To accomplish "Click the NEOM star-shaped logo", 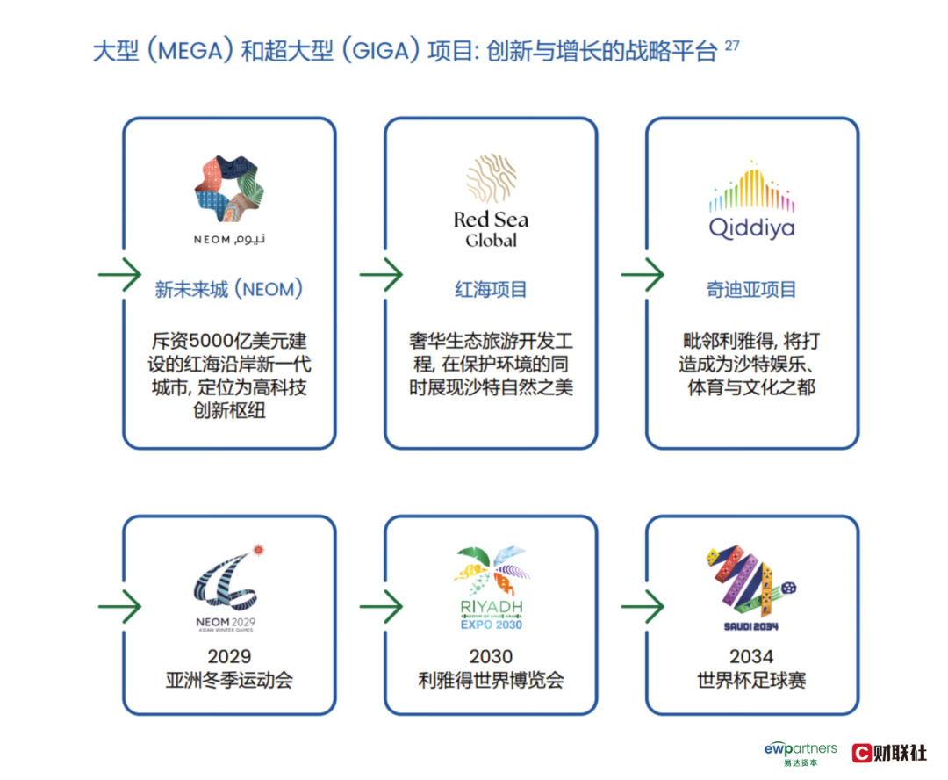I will [x=228, y=189].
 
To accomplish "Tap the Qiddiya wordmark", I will [x=751, y=228].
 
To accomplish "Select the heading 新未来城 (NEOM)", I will [x=228, y=289].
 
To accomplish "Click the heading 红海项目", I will [x=491, y=289].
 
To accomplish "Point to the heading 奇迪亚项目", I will [x=751, y=289].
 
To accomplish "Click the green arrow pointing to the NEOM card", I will [x=119, y=275].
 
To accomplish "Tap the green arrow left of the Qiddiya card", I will [x=643, y=275].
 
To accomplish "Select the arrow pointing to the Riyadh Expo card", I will [x=381, y=606].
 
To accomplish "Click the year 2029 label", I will [x=229, y=656].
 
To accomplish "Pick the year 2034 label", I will [x=751, y=656].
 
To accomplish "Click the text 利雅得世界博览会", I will [x=491, y=680].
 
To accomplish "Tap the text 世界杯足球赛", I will [x=751, y=680].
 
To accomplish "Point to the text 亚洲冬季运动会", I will [x=229, y=680].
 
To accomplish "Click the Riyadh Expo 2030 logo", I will [x=491, y=587].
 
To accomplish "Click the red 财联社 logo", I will [x=889, y=753].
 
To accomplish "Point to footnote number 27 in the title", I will [x=732, y=45].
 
